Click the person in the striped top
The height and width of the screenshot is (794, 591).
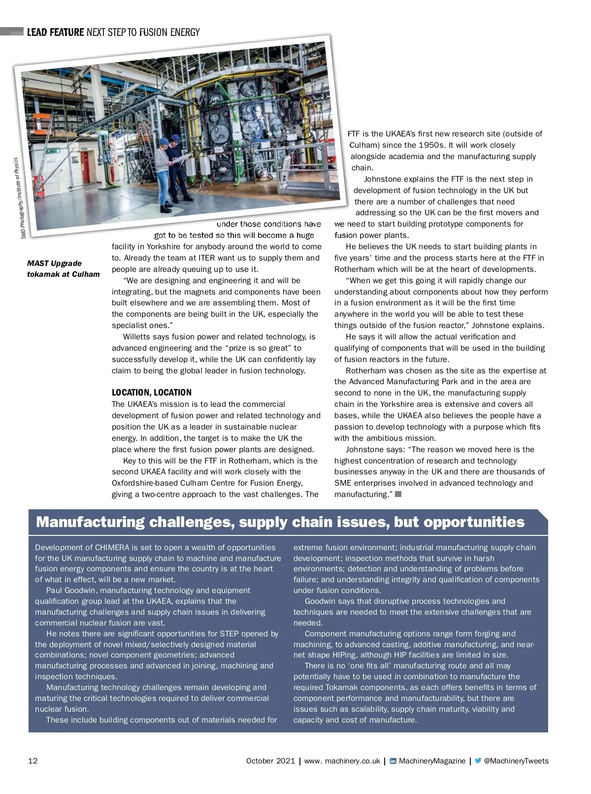163,172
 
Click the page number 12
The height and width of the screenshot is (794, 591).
33,761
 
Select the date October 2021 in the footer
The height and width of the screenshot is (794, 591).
270,761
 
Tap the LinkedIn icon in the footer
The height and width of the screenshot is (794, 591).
393,761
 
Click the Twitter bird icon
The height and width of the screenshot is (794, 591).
478,761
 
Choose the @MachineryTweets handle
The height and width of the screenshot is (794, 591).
516,761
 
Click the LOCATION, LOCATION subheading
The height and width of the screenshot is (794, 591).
152,393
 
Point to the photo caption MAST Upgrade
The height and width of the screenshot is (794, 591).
54,263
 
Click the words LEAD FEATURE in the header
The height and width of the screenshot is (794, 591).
56,33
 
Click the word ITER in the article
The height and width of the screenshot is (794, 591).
207,258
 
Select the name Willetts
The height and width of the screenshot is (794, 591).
137,336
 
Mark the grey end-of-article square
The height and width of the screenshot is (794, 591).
398,494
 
